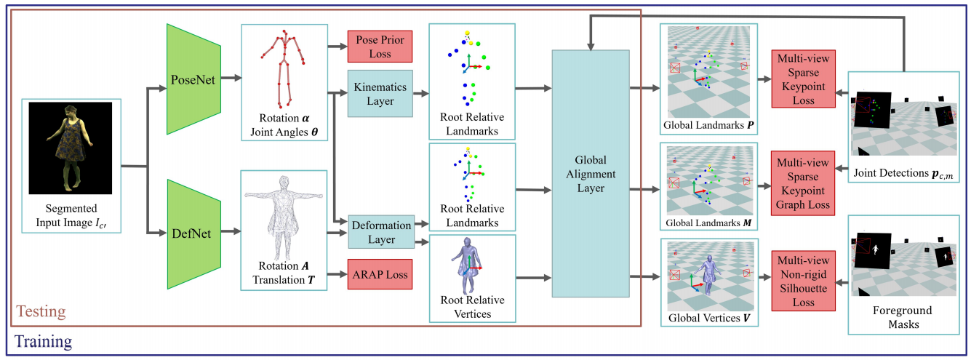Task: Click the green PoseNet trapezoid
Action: (x=193, y=79)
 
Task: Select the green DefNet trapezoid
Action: (x=193, y=234)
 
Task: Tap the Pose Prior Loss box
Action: (x=380, y=47)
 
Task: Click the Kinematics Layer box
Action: (x=380, y=94)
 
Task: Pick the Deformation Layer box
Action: (x=381, y=232)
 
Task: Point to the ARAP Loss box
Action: (x=380, y=274)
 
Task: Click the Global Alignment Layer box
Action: (x=591, y=174)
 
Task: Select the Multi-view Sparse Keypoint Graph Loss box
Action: (x=803, y=183)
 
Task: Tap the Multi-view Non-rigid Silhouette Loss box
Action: (x=803, y=281)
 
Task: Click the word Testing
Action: (x=41, y=311)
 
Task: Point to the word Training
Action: (x=44, y=341)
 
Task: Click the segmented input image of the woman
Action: (x=71, y=148)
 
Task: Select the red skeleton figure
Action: (x=284, y=69)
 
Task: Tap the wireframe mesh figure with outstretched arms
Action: (x=284, y=217)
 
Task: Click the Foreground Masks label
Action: (x=903, y=317)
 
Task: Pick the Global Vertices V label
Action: (x=709, y=318)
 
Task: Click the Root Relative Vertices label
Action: (x=473, y=307)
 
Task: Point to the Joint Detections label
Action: (x=903, y=173)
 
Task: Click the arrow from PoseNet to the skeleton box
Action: (x=231, y=78)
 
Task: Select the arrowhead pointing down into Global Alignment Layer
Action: (x=591, y=46)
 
